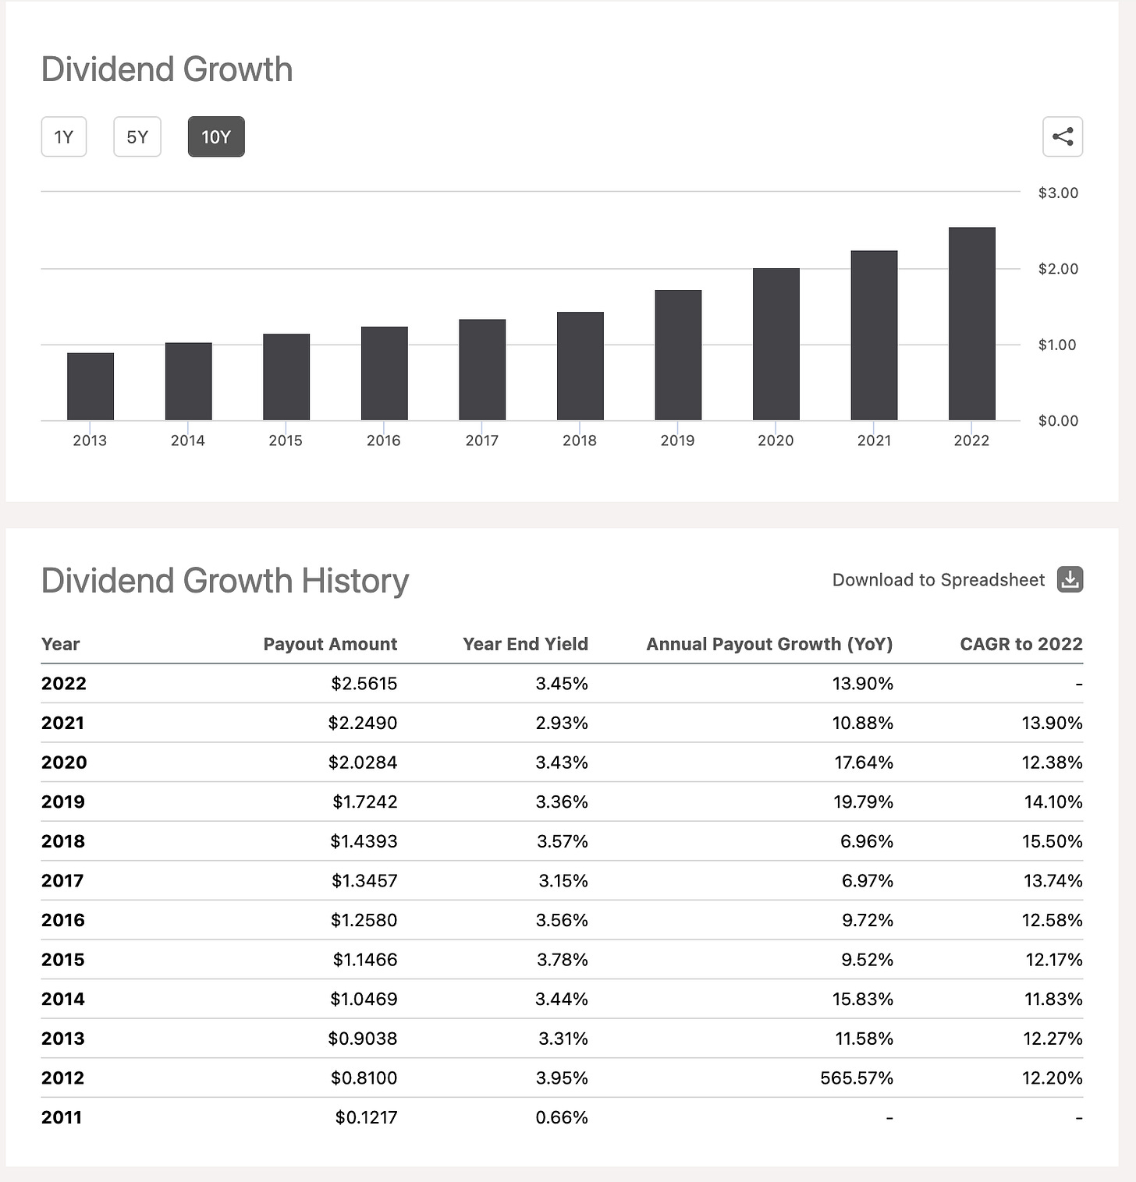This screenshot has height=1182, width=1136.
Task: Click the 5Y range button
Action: click(x=137, y=137)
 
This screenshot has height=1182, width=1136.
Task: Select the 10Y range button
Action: click(x=216, y=137)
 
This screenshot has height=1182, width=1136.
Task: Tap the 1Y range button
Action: click(x=64, y=137)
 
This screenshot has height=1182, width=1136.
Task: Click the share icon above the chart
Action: click(x=1063, y=137)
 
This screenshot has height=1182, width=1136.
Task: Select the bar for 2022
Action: click(x=971, y=324)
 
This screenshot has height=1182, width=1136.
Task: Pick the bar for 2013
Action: click(x=91, y=387)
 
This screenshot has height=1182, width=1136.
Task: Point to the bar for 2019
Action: click(x=678, y=356)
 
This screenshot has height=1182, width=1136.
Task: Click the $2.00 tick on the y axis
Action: click(x=1058, y=269)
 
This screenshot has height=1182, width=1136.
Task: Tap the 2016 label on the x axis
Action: click(x=383, y=441)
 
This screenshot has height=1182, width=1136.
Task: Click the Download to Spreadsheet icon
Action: click(x=1070, y=579)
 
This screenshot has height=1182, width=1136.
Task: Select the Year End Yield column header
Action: click(x=525, y=644)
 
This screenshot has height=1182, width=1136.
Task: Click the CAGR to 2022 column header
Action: click(x=1021, y=644)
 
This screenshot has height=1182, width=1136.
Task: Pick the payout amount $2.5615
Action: click(x=364, y=684)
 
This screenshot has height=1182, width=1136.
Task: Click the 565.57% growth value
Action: click(x=856, y=1078)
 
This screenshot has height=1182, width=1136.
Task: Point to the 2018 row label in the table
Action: click(x=63, y=841)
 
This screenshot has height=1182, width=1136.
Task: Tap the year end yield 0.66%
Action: click(x=561, y=1117)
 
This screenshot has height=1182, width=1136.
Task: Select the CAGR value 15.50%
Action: click(x=1053, y=841)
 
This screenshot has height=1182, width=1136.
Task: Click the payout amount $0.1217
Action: click(x=366, y=1117)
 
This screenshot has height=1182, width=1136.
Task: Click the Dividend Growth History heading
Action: click(x=225, y=581)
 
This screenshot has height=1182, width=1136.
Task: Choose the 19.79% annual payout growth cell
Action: click(x=863, y=802)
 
